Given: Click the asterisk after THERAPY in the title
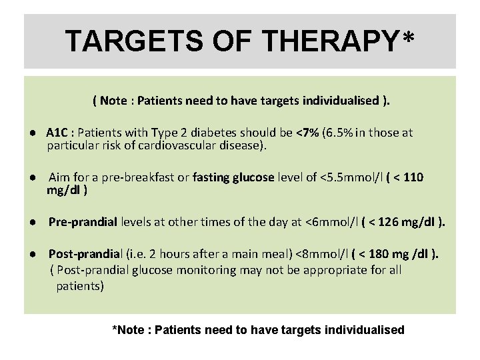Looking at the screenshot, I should (408, 37).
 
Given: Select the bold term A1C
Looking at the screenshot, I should (57, 133).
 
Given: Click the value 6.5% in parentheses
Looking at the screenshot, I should (338, 133).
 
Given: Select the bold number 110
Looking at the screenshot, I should (412, 177).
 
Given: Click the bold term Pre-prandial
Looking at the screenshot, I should (83, 222).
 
